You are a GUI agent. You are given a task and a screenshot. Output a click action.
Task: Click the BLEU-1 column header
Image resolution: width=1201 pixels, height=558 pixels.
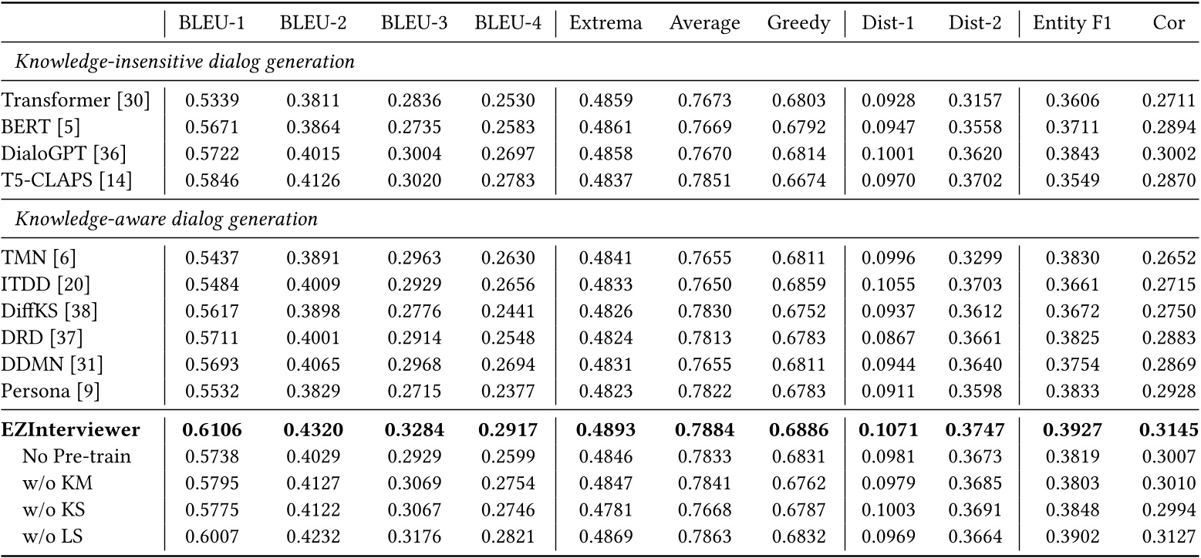211,23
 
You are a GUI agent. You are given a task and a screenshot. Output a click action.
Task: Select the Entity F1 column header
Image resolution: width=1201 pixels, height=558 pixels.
1072,23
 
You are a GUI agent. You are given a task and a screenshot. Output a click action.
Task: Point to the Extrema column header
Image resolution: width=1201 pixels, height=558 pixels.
606,23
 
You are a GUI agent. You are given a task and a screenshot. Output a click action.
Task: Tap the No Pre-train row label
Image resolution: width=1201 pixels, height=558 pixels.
76,456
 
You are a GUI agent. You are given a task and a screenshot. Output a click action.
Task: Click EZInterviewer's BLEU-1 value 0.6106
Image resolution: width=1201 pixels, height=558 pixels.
211,429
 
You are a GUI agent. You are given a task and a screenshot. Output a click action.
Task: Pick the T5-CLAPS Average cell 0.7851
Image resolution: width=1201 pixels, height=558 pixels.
704,181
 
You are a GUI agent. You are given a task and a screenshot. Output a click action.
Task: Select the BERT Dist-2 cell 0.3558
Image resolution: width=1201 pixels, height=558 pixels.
975,126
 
